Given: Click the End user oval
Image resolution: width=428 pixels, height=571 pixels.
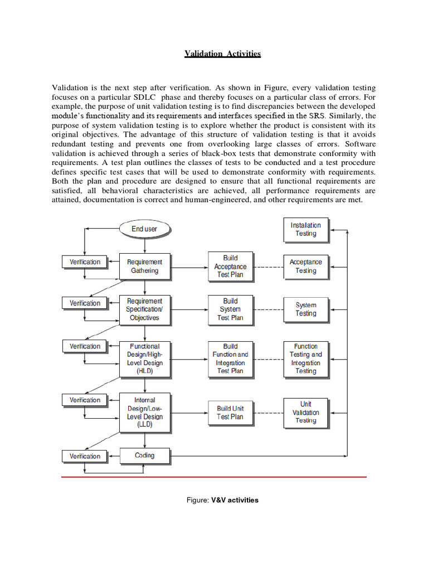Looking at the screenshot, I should point(144,229).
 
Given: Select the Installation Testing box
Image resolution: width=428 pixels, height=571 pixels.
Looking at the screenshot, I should point(305,229).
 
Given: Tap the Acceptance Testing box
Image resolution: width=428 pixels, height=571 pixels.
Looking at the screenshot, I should point(305,266).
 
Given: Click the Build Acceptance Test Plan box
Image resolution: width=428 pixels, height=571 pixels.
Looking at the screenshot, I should point(230,266).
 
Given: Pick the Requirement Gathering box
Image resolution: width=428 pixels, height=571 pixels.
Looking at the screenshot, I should point(144,266).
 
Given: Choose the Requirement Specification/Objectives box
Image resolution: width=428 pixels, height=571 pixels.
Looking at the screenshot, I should point(144,309).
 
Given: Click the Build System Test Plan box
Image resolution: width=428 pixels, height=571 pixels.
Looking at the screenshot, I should point(230,309).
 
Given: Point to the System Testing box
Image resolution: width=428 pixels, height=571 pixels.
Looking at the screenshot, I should point(305,309).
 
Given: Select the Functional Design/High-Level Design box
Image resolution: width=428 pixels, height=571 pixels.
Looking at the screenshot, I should point(144,359).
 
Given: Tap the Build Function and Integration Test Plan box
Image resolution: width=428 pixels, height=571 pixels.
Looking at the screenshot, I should point(230,359).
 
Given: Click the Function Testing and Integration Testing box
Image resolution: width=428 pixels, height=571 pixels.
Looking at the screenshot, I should point(305,359).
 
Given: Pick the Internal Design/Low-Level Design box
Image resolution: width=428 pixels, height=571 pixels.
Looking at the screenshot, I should point(144,412).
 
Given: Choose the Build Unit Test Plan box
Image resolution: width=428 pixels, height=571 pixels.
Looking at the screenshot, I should point(230,413).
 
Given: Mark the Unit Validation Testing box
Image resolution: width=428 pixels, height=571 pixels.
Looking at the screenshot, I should point(305,412).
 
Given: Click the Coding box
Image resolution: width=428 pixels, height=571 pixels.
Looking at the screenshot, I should point(144,456).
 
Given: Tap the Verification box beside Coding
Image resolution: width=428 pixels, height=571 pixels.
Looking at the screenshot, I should point(85,456).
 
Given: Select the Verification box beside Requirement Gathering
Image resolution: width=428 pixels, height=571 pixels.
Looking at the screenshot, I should point(85,262).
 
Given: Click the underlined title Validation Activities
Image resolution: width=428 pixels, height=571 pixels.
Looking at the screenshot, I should point(223,54).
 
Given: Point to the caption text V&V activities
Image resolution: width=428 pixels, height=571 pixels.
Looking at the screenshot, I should point(234,500).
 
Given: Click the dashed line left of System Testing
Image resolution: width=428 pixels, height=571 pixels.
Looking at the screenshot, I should point(268,309).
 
